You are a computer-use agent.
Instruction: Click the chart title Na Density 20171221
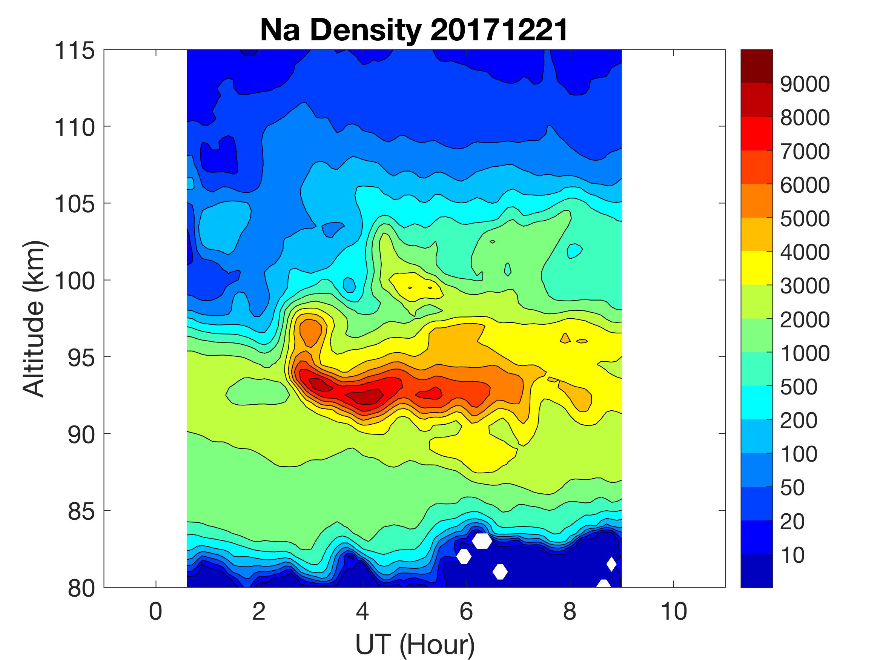[414, 30]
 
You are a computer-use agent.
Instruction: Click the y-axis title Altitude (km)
[34, 319]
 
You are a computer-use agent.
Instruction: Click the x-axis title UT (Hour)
[415, 644]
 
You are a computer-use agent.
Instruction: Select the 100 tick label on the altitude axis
[75, 281]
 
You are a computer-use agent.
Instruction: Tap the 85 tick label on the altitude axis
[81, 511]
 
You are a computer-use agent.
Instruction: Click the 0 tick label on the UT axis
[155, 611]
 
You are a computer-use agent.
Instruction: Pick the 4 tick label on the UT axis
[362, 611]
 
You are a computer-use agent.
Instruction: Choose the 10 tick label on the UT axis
[674, 611]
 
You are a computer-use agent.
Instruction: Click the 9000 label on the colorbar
[805, 84]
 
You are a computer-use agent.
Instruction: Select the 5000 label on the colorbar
[805, 219]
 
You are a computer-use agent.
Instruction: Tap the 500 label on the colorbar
[799, 387]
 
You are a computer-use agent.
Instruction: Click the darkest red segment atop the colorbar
[756, 66]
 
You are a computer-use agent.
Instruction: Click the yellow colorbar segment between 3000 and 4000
[756, 268]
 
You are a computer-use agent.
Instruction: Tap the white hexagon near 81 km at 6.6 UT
[500, 572]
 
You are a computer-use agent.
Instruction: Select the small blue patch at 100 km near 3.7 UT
[349, 285]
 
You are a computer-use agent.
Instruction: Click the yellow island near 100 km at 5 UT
[416, 285]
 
